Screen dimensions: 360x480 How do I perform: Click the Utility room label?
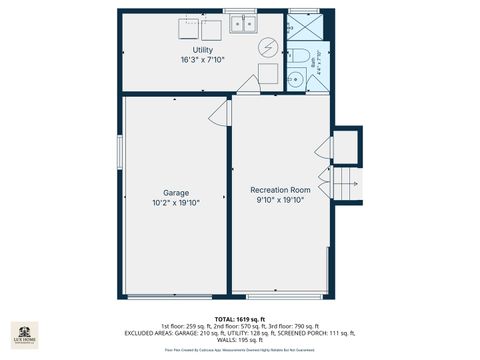[203, 50]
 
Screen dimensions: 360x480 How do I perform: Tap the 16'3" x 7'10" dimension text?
[203, 61]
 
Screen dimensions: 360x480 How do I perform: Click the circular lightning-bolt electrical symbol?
[267, 47]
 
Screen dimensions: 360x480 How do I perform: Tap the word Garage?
[176, 193]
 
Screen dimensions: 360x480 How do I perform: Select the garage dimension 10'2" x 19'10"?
[176, 203]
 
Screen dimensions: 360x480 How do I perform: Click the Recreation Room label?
[280, 189]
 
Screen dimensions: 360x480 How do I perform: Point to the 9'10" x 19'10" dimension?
[280, 199]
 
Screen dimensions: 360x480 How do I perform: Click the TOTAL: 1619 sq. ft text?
[240, 319]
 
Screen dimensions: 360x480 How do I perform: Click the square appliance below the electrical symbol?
[267, 74]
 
